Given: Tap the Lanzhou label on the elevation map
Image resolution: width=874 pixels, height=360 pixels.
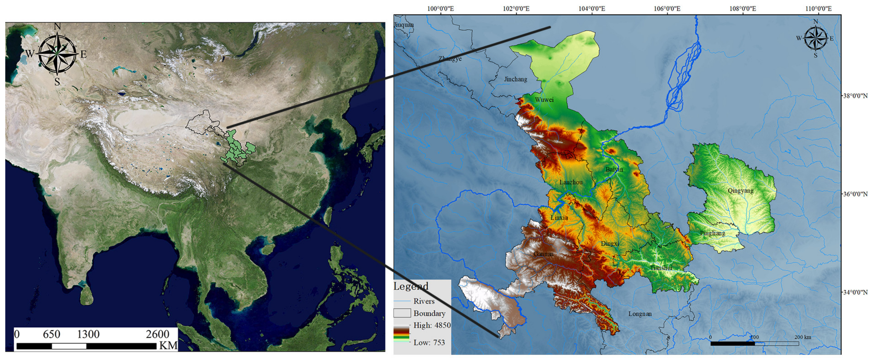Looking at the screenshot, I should (571, 182).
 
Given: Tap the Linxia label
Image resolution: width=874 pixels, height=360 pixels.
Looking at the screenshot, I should (559, 218).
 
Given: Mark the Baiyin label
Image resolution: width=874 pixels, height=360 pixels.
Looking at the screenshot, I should (614, 169).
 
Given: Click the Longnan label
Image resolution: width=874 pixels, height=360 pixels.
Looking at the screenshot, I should (640, 314).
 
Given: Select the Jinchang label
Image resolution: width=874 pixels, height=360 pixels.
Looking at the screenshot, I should (515, 80).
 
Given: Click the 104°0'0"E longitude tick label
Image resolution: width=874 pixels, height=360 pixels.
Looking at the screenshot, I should (591, 8).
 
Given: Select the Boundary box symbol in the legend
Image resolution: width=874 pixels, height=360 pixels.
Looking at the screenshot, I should (402, 313).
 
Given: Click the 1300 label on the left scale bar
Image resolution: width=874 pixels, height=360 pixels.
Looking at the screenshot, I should (88, 335).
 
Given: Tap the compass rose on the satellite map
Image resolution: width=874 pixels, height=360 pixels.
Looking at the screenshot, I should (57, 54).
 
